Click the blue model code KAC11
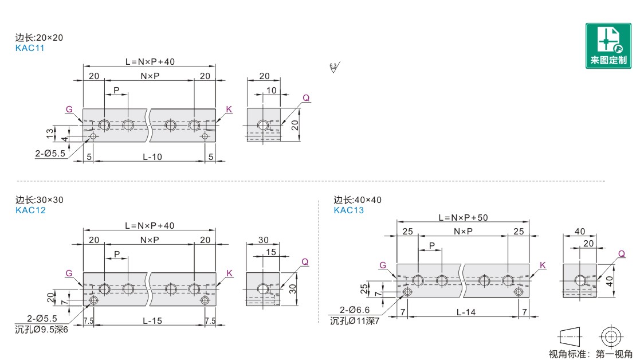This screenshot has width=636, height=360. click(x=30, y=48)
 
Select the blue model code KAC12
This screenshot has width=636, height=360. click(x=30, y=210)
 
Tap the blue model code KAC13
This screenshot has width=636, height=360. click(x=349, y=210)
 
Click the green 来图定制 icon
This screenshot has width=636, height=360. click(x=608, y=45)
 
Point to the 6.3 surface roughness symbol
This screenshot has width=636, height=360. click(x=335, y=68)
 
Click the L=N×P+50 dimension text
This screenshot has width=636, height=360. click(x=463, y=217)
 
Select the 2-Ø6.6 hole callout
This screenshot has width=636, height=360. click(x=355, y=310)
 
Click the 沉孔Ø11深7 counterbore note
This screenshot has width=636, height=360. click(x=355, y=321)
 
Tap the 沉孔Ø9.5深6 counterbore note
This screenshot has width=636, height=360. click(x=41, y=330)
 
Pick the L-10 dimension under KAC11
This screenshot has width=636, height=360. click(x=152, y=157)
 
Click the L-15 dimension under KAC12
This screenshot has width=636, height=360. click(x=152, y=321)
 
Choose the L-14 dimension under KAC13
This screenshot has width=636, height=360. click(x=466, y=312)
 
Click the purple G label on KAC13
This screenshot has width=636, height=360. click(x=383, y=265)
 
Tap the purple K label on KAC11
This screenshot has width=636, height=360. click(x=229, y=109)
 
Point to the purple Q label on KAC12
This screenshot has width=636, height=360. click(x=305, y=262)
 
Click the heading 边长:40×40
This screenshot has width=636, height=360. click(x=358, y=199)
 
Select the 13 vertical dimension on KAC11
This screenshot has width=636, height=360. click(x=50, y=133)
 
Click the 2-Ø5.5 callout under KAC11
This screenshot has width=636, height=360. click(x=50, y=154)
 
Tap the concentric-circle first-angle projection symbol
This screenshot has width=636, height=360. click(x=611, y=336)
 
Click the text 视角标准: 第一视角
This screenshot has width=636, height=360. click(x=591, y=354)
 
